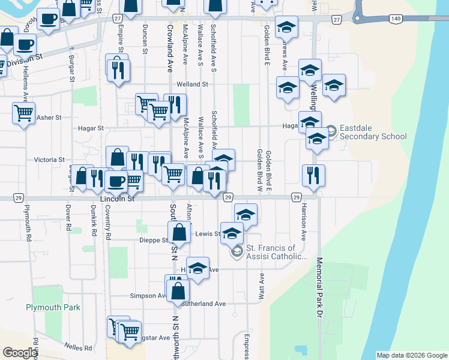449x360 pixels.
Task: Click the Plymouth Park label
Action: [x=53, y=307]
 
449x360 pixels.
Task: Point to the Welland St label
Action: [x=200, y=85]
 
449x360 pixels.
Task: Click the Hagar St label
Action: [x=91, y=128]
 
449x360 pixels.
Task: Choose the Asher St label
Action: [x=45, y=118]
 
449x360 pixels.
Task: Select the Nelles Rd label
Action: [x=80, y=347]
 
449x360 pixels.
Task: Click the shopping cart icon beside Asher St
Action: [x=23, y=112]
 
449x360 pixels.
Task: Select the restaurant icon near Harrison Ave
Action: [x=313, y=175]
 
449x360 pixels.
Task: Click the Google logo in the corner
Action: [x=20, y=353]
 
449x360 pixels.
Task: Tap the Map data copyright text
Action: [x=412, y=355]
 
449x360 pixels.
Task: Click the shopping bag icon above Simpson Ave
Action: [x=178, y=290]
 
